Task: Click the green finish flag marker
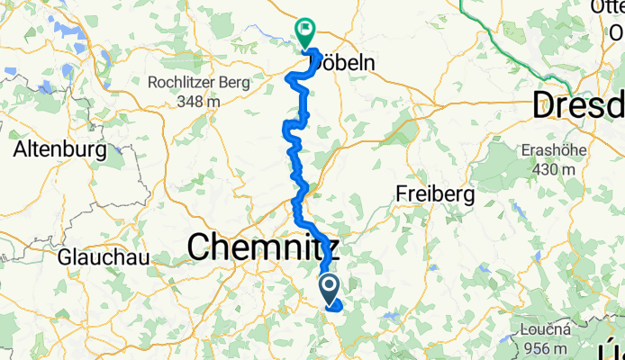pos(305,32)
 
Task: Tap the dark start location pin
pos(329,288)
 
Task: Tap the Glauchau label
pos(92,256)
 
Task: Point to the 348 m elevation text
pos(199,101)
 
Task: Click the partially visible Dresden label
pos(579,104)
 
